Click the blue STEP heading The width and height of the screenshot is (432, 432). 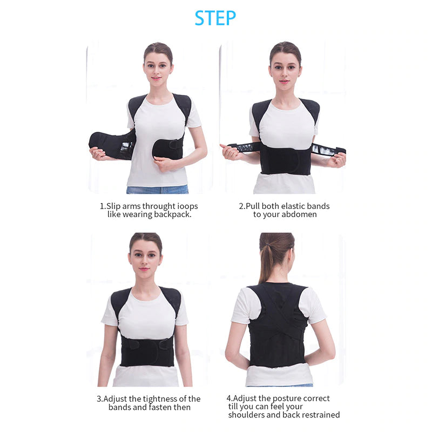(x=215, y=18)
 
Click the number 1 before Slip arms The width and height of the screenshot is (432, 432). (x=102, y=206)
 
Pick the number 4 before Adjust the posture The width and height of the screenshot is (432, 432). (x=228, y=398)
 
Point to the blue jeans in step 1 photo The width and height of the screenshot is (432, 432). (x=157, y=190)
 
